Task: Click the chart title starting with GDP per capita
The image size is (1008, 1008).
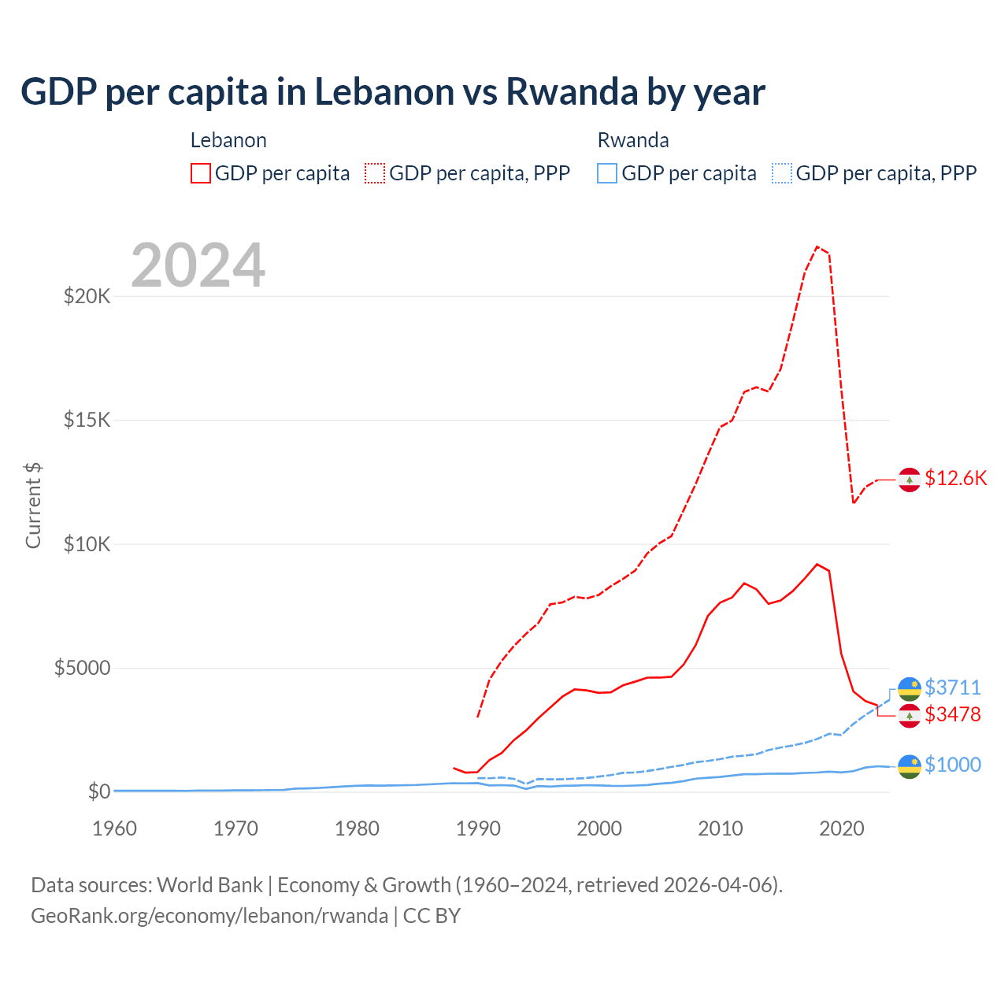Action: pos(392,92)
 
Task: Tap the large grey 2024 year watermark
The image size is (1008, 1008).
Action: pos(198,266)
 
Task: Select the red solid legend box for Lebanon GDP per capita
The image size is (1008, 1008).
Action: pos(201,173)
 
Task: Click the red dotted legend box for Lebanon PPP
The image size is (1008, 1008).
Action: pos(375,173)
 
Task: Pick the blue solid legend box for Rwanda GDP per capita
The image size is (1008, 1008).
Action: pos(607,173)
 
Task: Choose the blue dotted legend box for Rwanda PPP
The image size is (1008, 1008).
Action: pos(782,173)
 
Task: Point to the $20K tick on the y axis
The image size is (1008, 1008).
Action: pos(87,297)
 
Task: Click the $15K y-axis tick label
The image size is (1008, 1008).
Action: pos(87,420)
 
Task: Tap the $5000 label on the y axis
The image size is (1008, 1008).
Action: pos(82,669)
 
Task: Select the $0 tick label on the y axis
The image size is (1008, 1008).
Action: pos(98,791)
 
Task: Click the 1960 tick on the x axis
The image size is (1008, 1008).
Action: pos(114,828)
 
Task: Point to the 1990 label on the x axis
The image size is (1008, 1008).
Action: pos(478,828)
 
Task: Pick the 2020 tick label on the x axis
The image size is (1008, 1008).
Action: pos(842,828)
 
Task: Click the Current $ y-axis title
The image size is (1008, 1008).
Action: pos(33,506)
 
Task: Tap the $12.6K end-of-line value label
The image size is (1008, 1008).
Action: pos(955,479)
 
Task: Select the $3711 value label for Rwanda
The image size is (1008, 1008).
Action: pos(952,687)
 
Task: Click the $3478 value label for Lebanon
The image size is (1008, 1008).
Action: pos(952,714)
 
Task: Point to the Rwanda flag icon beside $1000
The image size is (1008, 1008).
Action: pos(910,765)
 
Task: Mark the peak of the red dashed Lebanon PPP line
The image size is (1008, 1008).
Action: pos(817,246)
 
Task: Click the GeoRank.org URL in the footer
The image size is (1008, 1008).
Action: pos(209,916)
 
